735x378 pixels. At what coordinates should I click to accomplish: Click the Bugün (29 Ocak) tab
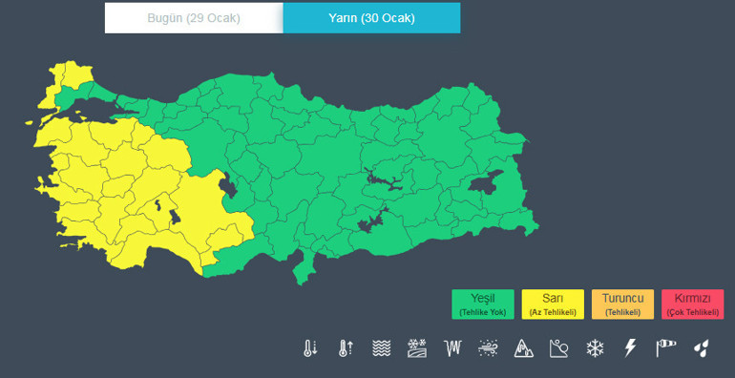(194, 18)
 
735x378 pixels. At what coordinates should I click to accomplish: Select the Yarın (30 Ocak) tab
(371, 18)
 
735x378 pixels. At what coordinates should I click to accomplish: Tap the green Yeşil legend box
(482, 304)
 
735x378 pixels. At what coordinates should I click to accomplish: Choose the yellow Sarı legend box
(553, 304)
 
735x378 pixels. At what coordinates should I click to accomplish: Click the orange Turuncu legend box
(622, 304)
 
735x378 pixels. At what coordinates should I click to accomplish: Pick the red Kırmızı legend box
(692, 304)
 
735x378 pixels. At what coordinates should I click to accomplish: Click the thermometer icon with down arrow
(310, 348)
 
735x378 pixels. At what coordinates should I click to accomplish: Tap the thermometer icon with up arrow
(346, 348)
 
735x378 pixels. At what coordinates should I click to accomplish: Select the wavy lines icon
(381, 348)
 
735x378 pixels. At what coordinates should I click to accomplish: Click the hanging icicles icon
(452, 348)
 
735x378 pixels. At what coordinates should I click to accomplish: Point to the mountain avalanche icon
(523, 348)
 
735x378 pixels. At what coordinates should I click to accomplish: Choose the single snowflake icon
(595, 348)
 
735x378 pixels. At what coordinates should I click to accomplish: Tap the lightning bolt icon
(630, 348)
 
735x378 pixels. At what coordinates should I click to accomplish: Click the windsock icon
(665, 348)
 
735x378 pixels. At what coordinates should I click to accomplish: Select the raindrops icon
(701, 348)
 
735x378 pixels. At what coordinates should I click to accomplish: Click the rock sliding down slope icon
(558, 348)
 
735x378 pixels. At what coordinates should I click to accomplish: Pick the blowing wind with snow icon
(488, 348)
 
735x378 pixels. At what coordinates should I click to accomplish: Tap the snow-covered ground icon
(417, 348)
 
